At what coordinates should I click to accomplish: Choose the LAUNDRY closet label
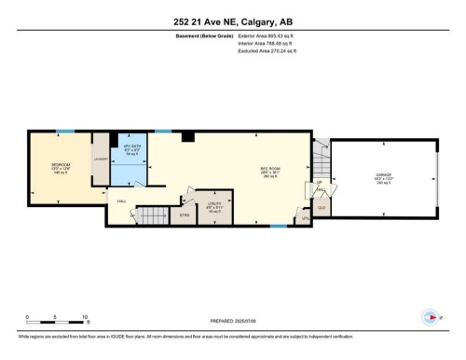click(101, 159)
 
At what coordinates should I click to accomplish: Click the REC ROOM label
click(271, 171)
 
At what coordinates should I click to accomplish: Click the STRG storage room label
click(184, 215)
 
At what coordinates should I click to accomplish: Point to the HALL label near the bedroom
click(121, 201)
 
